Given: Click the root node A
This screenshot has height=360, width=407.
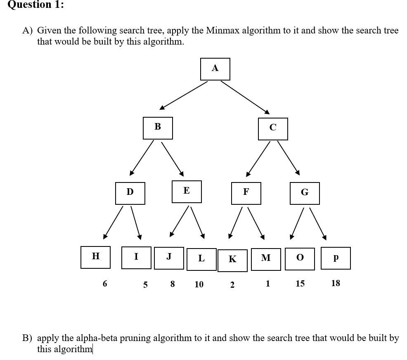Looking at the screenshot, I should coord(215,69).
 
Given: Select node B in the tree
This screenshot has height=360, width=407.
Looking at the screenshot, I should coord(158,128).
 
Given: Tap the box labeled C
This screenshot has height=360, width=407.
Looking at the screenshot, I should coord(273,129).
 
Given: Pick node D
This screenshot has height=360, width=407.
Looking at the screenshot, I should coord(130,193).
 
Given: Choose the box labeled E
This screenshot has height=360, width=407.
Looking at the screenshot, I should coord(187,192).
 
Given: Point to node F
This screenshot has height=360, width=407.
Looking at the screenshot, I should coord(246,193).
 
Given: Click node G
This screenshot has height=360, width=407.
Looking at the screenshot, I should coord(305,193).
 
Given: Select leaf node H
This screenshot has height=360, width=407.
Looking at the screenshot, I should coord(95,257).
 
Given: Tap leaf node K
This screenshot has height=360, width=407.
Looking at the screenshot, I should coord(232,260).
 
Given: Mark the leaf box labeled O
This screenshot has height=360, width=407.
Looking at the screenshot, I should coord(300,258).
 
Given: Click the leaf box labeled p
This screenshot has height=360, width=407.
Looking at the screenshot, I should coord(336,258).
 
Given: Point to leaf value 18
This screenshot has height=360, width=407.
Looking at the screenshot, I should coord(336,283).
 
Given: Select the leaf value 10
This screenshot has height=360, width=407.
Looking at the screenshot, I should coord(199,284).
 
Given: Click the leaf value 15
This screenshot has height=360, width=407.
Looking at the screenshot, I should coord(300,284).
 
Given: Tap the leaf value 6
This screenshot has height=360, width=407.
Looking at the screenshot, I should coord(105,284).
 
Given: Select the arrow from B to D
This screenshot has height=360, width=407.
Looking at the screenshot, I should coord(142,157).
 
